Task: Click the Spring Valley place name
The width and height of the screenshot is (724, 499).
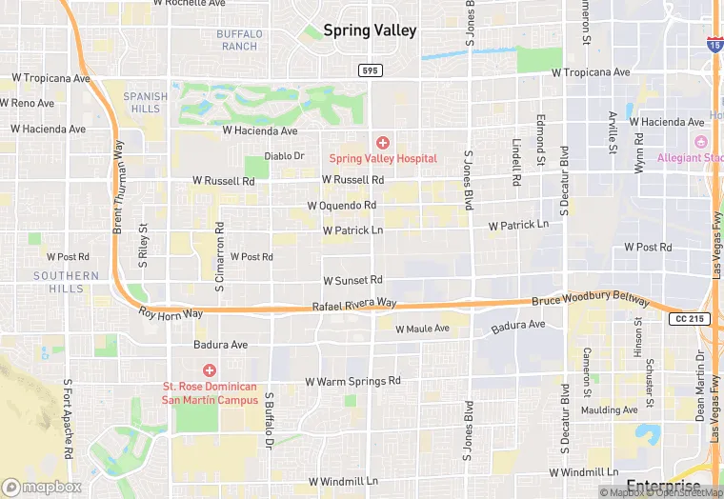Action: coord(370,30)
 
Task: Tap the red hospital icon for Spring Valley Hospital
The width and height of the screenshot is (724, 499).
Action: coord(383,142)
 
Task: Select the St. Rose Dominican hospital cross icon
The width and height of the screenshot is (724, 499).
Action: coord(209,369)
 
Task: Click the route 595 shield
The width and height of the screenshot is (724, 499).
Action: coord(371,70)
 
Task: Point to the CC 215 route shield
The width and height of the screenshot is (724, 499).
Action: coord(689,318)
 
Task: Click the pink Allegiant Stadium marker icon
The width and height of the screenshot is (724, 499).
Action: coord(701,142)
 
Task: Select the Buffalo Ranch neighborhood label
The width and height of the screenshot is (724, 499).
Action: coord(238,40)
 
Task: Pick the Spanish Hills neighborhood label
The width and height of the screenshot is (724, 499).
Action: coord(145,102)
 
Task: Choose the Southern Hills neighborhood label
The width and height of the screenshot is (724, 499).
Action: coord(66,282)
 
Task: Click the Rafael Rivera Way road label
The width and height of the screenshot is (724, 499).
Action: coord(354,304)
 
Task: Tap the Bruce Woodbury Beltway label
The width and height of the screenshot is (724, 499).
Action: coord(591,300)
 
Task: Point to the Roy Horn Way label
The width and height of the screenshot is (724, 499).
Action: coord(171,313)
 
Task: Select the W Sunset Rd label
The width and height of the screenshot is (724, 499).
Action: coord(352,280)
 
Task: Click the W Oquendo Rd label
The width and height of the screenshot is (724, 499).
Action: coord(342,206)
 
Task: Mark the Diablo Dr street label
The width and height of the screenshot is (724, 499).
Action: coord(284,156)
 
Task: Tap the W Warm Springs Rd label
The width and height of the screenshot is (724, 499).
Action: coord(352,381)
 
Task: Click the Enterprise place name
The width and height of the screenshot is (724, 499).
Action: coord(664,486)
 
